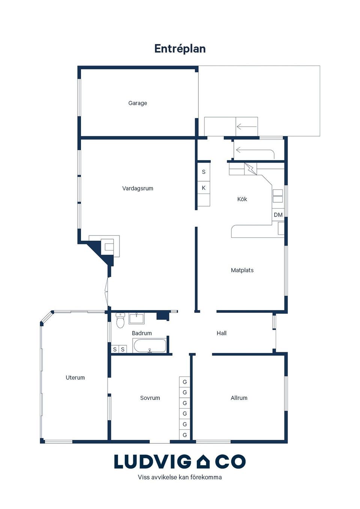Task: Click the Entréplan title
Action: tap(180, 49)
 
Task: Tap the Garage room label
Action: tap(138, 103)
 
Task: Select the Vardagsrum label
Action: tap(138, 189)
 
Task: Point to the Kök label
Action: tap(242, 199)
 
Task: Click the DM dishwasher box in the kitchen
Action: tap(278, 215)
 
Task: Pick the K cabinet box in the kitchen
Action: tap(204, 188)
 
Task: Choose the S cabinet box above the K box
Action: tap(204, 172)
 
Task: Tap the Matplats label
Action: tap(242, 270)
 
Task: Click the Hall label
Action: tap(221, 333)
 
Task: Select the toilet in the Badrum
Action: tap(120, 321)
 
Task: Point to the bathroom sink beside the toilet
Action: tap(136, 319)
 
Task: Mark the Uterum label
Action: tap(75, 378)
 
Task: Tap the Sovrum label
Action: tap(150, 398)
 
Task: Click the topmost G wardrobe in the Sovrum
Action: tap(184, 382)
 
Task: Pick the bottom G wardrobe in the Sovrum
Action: tap(184, 435)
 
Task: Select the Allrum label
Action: tap(239, 398)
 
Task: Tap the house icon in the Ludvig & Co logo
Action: tap(203, 462)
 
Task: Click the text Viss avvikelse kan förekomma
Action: tap(180, 477)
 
